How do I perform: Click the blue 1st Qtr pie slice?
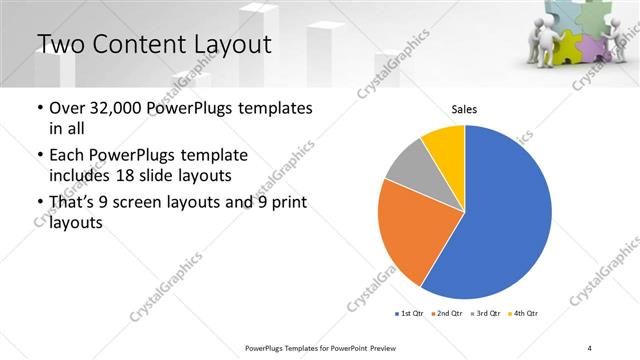pyautogui.click(x=505, y=215)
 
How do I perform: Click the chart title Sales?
pyautogui.click(x=464, y=110)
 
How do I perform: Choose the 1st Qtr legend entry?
pyautogui.click(x=409, y=314)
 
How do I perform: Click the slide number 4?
pyautogui.click(x=590, y=347)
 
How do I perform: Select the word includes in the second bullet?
pyautogui.click(x=82, y=176)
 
